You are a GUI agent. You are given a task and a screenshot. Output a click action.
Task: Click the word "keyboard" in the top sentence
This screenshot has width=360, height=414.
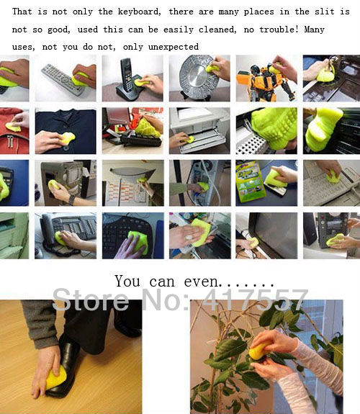coord(139,12)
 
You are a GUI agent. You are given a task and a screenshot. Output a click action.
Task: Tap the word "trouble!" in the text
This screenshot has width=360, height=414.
coord(279,30)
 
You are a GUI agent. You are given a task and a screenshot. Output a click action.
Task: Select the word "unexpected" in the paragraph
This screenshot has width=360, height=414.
coord(174,48)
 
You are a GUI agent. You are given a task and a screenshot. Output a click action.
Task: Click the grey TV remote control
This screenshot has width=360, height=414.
coord(63,79)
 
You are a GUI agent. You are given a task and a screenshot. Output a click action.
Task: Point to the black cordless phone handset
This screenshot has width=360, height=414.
coord(127,76)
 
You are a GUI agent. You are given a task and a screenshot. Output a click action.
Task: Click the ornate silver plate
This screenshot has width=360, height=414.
coord(196,77)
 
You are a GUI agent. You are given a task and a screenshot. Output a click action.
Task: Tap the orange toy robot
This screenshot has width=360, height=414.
coord(265,81)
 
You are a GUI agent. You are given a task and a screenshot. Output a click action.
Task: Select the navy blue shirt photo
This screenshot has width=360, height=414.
coord(66,131)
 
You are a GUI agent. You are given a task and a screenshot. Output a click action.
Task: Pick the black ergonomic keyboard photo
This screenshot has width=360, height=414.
coord(133,235)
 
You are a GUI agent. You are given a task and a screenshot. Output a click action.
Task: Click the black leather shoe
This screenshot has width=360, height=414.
coord(66,367)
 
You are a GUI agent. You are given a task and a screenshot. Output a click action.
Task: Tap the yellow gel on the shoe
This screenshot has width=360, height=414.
coord(55,377)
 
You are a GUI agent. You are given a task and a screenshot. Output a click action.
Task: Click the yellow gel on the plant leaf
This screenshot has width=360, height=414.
coord(259,350)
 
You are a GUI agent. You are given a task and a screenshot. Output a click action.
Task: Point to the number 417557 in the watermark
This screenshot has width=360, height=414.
coord(255,300)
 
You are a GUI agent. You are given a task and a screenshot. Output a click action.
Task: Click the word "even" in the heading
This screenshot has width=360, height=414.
coord(201,282)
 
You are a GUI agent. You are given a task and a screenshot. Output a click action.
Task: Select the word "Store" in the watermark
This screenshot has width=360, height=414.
coord(90,300)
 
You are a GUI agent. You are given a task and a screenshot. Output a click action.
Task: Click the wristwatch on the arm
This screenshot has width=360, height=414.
coord(71,199)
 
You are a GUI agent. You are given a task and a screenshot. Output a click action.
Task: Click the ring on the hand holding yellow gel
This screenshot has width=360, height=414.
coord(189,237)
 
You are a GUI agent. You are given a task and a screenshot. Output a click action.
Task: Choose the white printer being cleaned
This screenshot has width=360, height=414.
coord(199,130)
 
